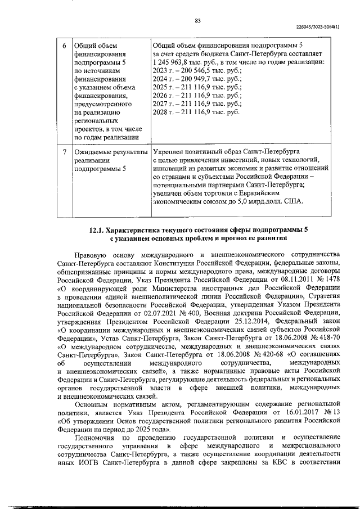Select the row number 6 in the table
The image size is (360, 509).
tap(64, 46)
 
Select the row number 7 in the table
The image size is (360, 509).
tap(64, 152)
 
